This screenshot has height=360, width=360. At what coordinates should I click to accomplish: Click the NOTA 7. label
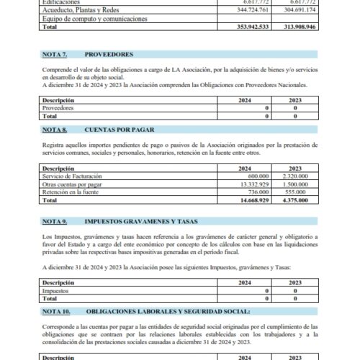click(x=55, y=54)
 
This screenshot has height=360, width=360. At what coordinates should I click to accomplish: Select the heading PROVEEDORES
click(x=109, y=54)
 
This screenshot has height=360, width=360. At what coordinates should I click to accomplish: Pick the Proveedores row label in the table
click(x=58, y=107)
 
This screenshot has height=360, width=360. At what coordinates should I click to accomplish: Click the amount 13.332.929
click(x=253, y=184)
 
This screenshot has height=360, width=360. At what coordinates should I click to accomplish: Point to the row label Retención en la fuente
click(x=71, y=192)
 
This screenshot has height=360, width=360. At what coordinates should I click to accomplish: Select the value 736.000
click(x=258, y=192)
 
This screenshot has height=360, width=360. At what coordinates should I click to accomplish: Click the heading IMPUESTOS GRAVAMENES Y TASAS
click(x=140, y=221)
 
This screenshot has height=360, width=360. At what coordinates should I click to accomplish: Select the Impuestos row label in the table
click(x=58, y=290)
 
